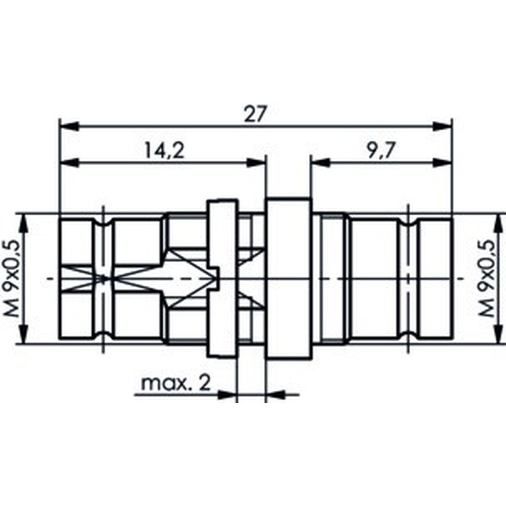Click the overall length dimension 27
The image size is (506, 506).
point(256,114)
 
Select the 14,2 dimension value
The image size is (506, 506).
point(164,151)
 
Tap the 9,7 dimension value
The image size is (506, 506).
point(381,151)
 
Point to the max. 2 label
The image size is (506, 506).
point(176,383)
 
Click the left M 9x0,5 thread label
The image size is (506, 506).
point(13,279)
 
